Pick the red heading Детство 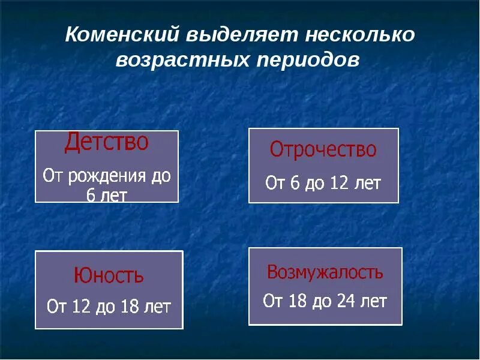[106, 143]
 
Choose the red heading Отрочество [323, 149]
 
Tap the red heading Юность [109, 276]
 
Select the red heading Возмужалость [325, 272]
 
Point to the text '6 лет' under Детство [107, 195]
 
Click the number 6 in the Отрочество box [294, 183]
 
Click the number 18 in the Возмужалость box [296, 301]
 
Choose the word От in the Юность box [56, 307]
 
